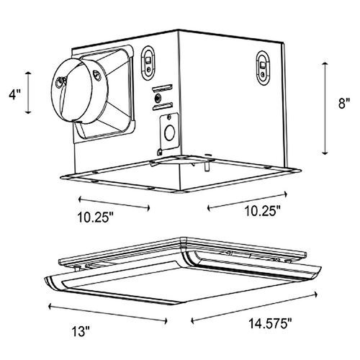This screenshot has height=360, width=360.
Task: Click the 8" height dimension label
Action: click(344, 104)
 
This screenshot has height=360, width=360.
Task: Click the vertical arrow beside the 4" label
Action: click(29, 92)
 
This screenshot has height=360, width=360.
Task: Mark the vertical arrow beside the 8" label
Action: click(325, 108)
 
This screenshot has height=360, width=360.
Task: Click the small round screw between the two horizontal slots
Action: click(158, 97)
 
